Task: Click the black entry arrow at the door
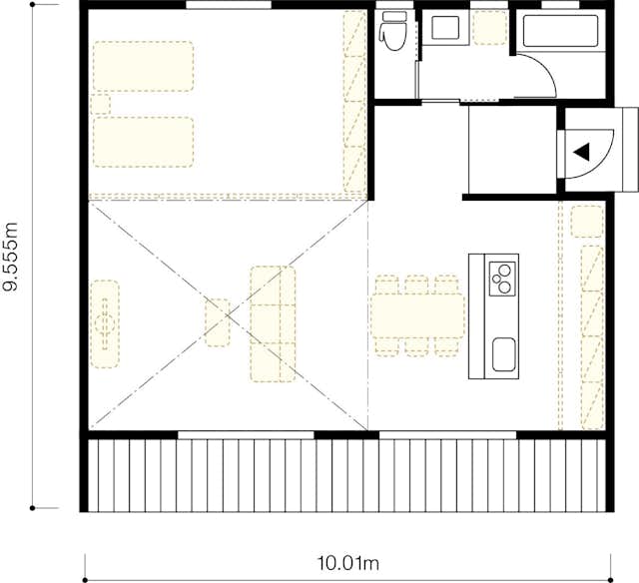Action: pos(582,152)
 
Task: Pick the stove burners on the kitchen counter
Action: pos(502,278)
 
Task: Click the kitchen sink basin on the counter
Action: pos(504,352)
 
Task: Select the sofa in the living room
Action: pos(274,322)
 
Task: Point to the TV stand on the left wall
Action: pos(105,322)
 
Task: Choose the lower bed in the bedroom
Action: pos(142,142)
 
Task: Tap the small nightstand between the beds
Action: pos(99,104)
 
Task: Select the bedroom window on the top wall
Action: pos(229,6)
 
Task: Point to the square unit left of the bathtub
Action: pos(489,28)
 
